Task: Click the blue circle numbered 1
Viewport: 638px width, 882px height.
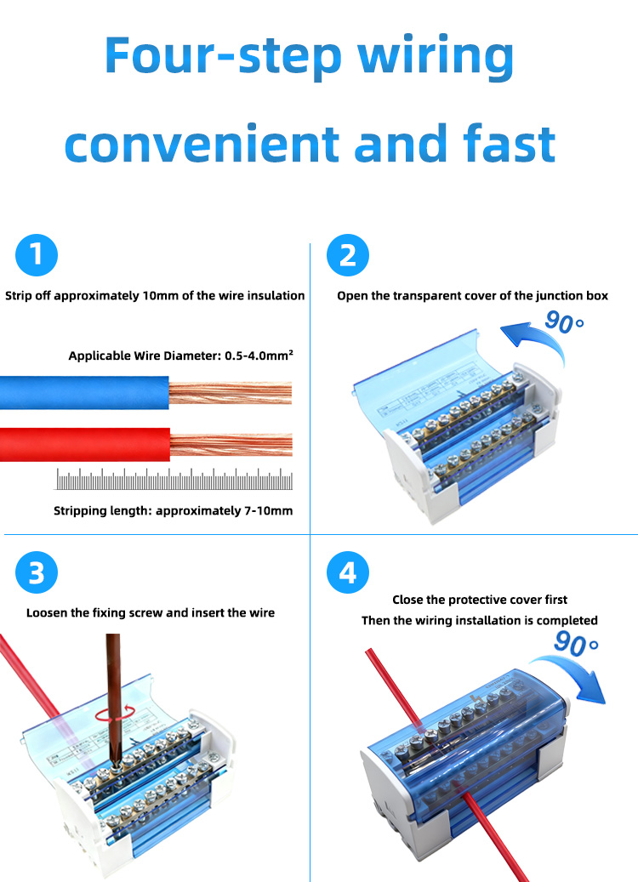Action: pyautogui.click(x=36, y=254)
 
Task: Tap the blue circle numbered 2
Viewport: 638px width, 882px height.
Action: pyautogui.click(x=347, y=254)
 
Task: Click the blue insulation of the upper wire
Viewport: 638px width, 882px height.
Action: pyautogui.click(x=85, y=392)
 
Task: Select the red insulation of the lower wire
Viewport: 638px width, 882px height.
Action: pyautogui.click(x=85, y=444)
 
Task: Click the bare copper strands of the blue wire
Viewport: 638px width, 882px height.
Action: pyautogui.click(x=230, y=392)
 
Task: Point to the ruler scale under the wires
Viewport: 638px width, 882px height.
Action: pyautogui.click(x=174, y=481)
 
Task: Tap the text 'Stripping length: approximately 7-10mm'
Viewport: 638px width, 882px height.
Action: pyautogui.click(x=173, y=510)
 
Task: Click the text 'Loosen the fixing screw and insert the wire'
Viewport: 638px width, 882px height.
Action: pyautogui.click(x=151, y=612)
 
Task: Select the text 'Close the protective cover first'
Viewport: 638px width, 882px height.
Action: pyautogui.click(x=480, y=600)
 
